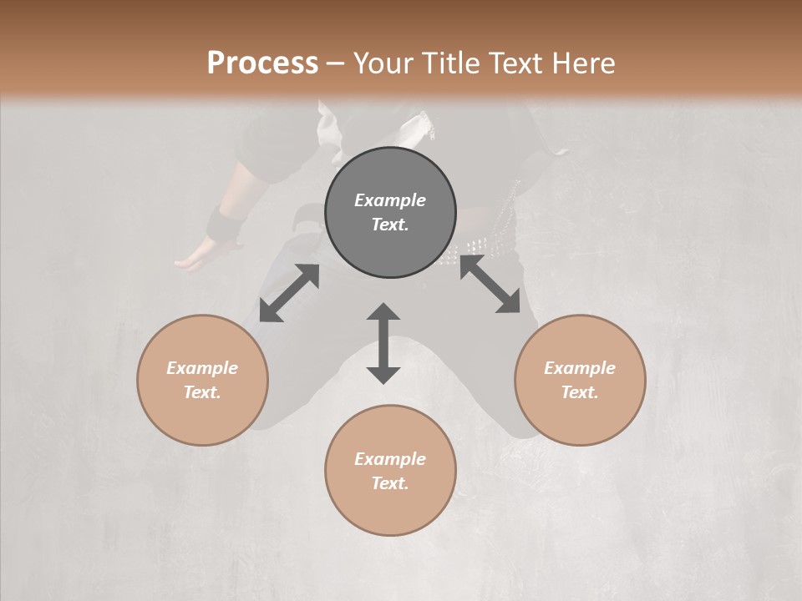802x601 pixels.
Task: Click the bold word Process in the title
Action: pyautogui.click(x=262, y=63)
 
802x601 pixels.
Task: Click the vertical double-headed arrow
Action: pyautogui.click(x=383, y=343)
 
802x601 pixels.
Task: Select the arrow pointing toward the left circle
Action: pyautogui.click(x=289, y=293)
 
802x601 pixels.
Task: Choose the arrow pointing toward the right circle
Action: pyautogui.click(x=490, y=285)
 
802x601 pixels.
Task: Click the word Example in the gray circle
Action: pyautogui.click(x=390, y=200)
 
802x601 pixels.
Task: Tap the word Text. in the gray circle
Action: pyautogui.click(x=390, y=225)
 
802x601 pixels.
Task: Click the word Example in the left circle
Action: pyautogui.click(x=202, y=368)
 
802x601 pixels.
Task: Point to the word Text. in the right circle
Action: pyautogui.click(x=580, y=392)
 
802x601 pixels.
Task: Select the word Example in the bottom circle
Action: pyautogui.click(x=390, y=459)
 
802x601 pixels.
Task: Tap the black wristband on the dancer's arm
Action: pyautogui.click(x=224, y=225)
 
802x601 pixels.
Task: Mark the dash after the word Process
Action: pyautogui.click(x=336, y=63)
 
